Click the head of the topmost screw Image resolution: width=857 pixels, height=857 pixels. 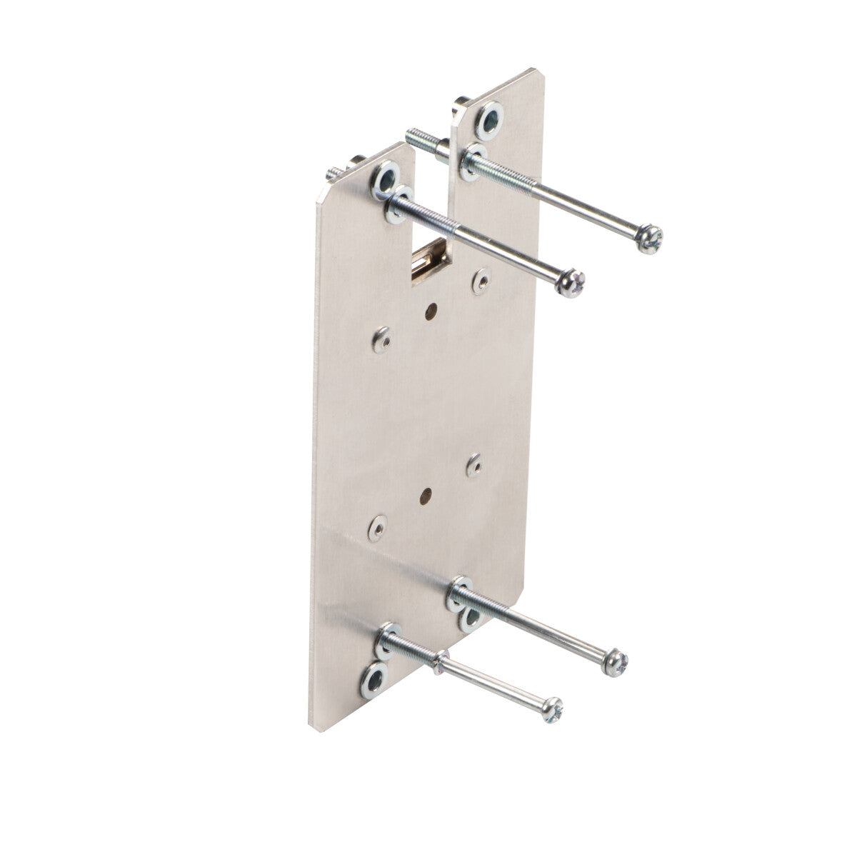(650, 239)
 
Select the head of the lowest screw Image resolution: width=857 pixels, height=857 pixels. (551, 709)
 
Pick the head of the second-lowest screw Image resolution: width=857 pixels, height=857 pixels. (616, 663)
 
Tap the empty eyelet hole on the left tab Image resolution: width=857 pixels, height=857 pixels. (385, 179)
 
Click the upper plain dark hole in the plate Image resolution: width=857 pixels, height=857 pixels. (431, 311)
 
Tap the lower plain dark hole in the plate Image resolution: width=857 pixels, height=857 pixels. (426, 493)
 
